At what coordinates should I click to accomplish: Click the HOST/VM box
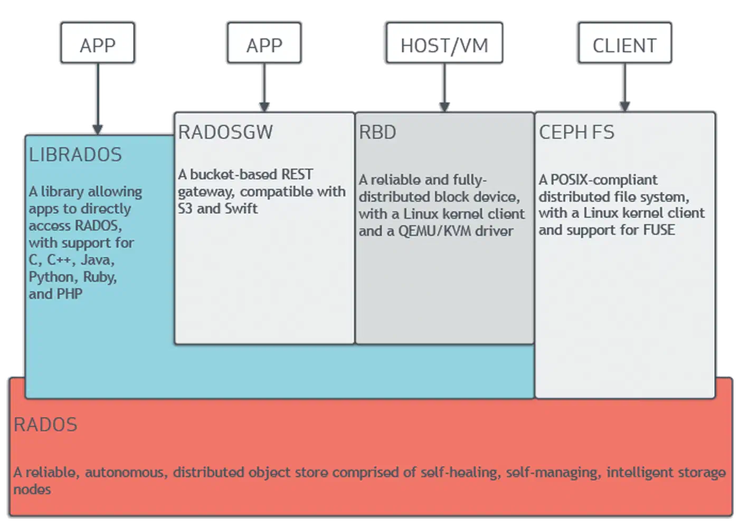[x=444, y=43]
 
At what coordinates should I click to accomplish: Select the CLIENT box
[x=625, y=43]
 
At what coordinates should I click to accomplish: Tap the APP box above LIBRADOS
[x=98, y=43]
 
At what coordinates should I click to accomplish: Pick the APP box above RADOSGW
[x=264, y=43]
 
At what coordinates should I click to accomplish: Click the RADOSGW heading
[x=226, y=132]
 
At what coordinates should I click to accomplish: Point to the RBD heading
[x=377, y=132]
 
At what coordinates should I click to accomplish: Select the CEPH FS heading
[x=576, y=132]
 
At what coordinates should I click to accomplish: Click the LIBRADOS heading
[x=75, y=154]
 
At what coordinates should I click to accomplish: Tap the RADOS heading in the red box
[x=45, y=425]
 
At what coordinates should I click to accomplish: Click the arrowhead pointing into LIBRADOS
[x=98, y=130]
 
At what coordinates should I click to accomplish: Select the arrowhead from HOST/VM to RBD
[x=444, y=107]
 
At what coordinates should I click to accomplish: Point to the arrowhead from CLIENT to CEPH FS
[x=625, y=107]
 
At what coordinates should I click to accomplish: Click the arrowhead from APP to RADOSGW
[x=264, y=107]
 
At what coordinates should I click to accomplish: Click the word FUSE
[x=659, y=230]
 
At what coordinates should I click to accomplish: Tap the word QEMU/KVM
[x=435, y=231]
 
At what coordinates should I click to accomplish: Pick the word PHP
[x=70, y=294]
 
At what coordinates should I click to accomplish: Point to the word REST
[x=297, y=174]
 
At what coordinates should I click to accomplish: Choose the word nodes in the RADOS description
[x=32, y=489]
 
